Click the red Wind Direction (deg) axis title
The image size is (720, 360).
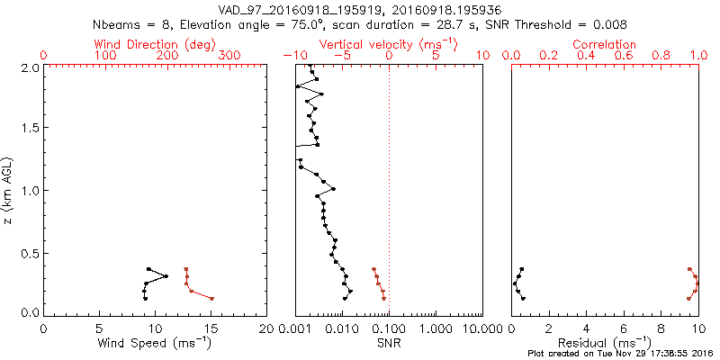(x=155, y=44)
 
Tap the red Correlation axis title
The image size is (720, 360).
(x=605, y=44)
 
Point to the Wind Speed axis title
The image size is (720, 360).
(x=155, y=343)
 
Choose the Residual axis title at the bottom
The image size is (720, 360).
(x=605, y=343)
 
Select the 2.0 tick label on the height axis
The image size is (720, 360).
(x=29, y=67)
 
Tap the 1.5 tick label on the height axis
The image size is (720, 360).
(x=29, y=129)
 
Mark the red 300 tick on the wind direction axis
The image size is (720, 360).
(x=229, y=56)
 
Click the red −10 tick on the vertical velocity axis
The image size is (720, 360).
(x=290, y=56)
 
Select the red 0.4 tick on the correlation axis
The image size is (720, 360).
(x=587, y=56)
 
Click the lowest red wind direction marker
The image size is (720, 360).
(x=211, y=298)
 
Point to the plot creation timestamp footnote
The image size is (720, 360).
(x=620, y=353)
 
